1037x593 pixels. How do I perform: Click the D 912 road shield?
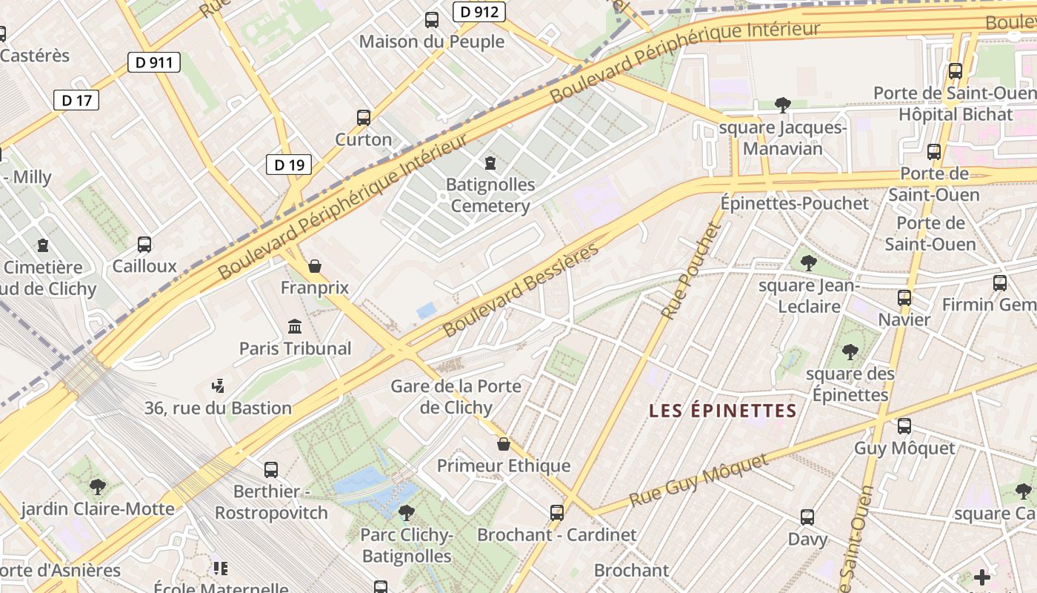click(479, 12)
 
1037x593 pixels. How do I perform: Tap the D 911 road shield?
click(154, 62)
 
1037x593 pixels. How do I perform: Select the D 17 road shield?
click(76, 100)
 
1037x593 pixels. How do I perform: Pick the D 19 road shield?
click(289, 165)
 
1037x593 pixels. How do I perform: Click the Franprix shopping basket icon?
click(315, 266)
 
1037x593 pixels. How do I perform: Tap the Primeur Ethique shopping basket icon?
click(504, 444)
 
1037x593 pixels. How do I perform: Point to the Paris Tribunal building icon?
click(295, 326)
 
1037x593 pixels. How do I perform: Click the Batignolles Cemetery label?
click(490, 195)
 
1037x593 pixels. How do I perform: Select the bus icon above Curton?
click(364, 117)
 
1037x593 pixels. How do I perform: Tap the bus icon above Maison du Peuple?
click(432, 20)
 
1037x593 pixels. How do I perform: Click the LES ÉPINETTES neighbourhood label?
click(723, 411)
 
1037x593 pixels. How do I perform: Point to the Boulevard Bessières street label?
click(521, 289)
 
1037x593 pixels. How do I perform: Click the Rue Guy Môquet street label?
click(699, 481)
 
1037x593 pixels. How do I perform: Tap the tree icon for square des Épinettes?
click(850, 352)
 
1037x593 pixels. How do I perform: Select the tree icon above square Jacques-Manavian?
click(783, 105)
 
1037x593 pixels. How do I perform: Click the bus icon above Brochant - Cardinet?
click(557, 512)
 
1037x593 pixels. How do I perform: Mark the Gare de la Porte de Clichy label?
click(456, 397)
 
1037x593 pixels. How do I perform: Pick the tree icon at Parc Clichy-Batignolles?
click(406, 512)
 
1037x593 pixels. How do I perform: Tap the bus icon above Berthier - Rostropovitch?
click(271, 469)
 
